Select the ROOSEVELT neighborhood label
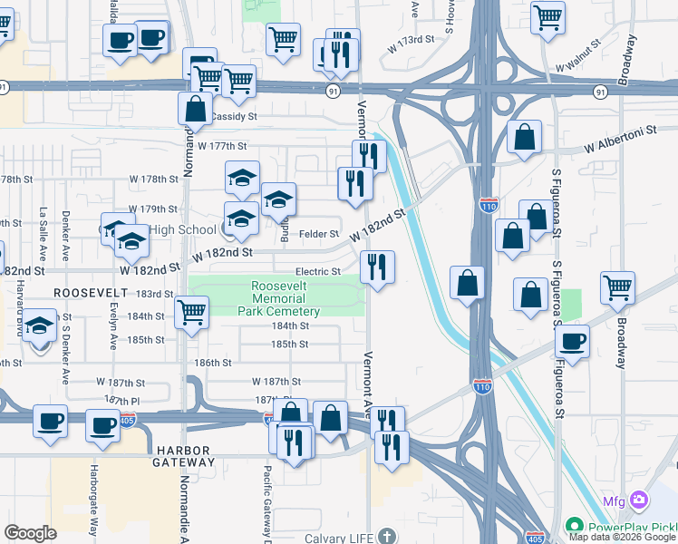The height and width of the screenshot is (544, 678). coord(88,293)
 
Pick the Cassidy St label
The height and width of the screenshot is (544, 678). coord(234,117)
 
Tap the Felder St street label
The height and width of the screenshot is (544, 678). coord(319,234)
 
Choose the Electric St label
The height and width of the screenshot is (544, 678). coord(317,272)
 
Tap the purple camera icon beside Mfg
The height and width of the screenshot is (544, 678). coord(639,500)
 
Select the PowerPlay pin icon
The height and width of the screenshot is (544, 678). coord(573,527)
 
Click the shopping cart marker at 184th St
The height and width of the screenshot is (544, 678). coord(191,313)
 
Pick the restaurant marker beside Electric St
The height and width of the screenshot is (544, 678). coord(377,267)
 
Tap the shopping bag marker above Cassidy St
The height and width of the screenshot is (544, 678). coord(196,109)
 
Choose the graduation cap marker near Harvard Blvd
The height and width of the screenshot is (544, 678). coord(40,326)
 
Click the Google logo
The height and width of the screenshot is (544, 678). coord(30,533)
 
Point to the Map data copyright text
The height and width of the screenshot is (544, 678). coord(621,537)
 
